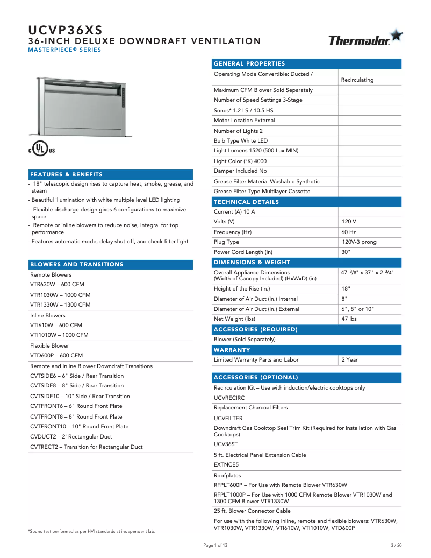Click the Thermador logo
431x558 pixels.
[365, 39]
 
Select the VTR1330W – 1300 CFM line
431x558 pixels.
[60, 305]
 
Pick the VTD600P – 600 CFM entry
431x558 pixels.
[56, 355]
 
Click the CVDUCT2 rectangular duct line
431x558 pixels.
[71, 436]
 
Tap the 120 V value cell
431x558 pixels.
[349, 222]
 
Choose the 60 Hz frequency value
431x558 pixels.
[349, 232]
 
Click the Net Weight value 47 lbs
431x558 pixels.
[349, 319]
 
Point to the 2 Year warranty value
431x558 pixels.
[349, 359]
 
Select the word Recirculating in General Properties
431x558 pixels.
[357, 80]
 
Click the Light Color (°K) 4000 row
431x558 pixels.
[240, 161]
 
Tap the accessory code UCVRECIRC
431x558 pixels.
[229, 398]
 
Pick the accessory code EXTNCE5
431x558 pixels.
[226, 464]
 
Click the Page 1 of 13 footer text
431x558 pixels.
[215, 545]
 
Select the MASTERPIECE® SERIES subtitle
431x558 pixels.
[64, 50]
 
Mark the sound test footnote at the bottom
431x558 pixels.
[91, 531]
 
